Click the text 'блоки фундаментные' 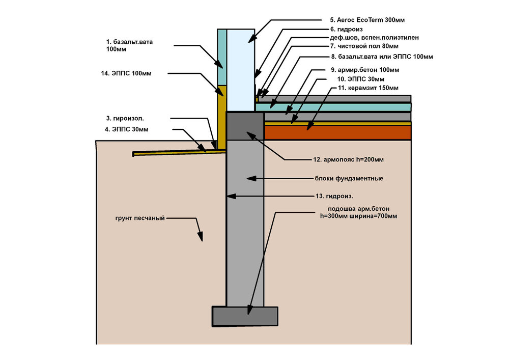[349, 179]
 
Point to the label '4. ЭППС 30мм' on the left [127, 129]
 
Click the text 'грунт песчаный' [140, 218]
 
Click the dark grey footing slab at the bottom [245, 316]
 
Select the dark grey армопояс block [244, 126]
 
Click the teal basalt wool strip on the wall [222, 56]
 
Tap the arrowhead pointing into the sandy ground [201, 237]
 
